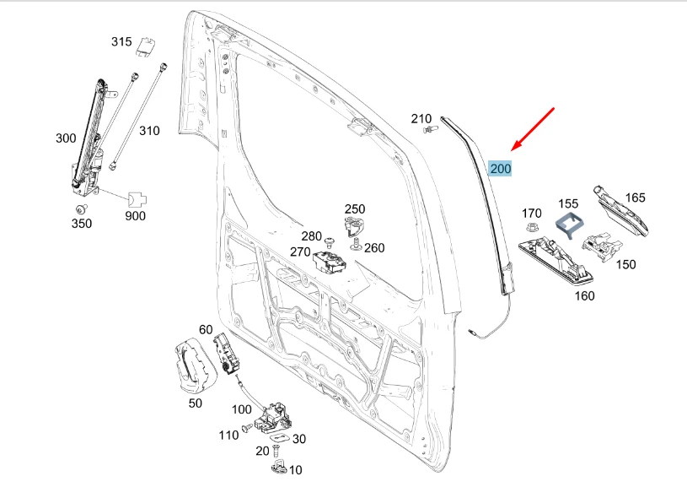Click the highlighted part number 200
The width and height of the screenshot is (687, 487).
pyautogui.click(x=500, y=169)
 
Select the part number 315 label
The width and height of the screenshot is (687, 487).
pyautogui.click(x=121, y=42)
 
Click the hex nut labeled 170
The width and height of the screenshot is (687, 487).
pyautogui.click(x=532, y=228)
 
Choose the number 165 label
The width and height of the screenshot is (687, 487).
pyautogui.click(x=635, y=198)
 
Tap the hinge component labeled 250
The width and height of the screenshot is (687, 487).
pyautogui.click(x=355, y=226)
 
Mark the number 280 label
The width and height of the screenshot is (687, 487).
pyautogui.click(x=312, y=236)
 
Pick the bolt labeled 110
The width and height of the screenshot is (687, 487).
pyautogui.click(x=245, y=429)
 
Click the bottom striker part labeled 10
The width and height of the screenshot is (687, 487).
pyautogui.click(x=280, y=466)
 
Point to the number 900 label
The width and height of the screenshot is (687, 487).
pyautogui.click(x=135, y=216)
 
